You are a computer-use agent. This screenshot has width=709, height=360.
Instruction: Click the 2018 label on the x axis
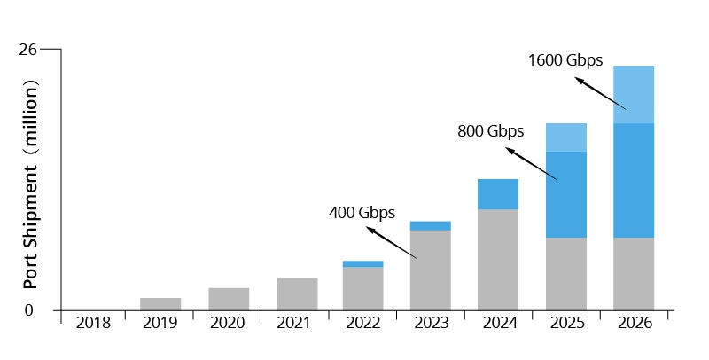click(93, 323)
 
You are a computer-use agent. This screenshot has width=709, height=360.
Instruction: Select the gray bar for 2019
click(160, 303)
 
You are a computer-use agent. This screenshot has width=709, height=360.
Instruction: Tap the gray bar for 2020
click(229, 299)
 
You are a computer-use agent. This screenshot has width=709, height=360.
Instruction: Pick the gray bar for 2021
click(297, 293)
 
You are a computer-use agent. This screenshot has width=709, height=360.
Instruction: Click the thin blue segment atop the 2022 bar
click(362, 263)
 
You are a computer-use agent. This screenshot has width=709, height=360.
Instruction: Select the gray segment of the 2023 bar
click(430, 270)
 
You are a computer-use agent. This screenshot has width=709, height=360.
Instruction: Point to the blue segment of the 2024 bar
click(498, 194)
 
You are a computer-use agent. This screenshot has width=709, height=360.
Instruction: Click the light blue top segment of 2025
click(565, 137)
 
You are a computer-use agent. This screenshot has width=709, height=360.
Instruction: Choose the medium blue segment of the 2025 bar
click(565, 194)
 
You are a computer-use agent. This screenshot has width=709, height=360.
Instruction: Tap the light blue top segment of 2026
click(634, 94)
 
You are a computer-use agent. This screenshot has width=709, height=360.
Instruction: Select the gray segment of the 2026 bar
click(634, 273)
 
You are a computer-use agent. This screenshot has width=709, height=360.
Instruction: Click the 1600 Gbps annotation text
click(565, 60)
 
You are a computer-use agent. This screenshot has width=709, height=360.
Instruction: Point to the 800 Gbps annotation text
click(490, 131)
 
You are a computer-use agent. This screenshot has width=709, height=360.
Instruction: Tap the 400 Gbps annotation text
click(362, 213)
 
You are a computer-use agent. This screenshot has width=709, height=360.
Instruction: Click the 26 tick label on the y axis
click(27, 49)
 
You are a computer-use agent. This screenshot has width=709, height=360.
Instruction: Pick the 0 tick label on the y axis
click(28, 309)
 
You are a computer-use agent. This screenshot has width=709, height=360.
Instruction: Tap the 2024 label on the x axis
click(498, 323)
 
